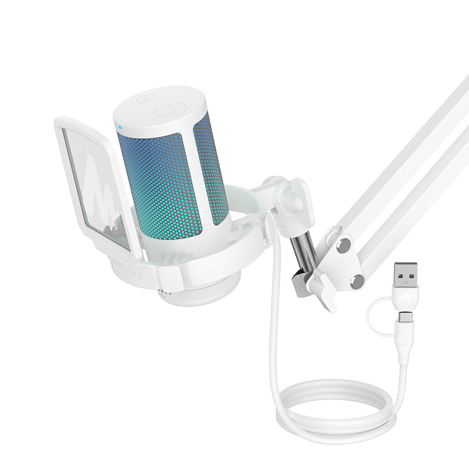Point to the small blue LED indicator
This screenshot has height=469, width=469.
click(x=119, y=125)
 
